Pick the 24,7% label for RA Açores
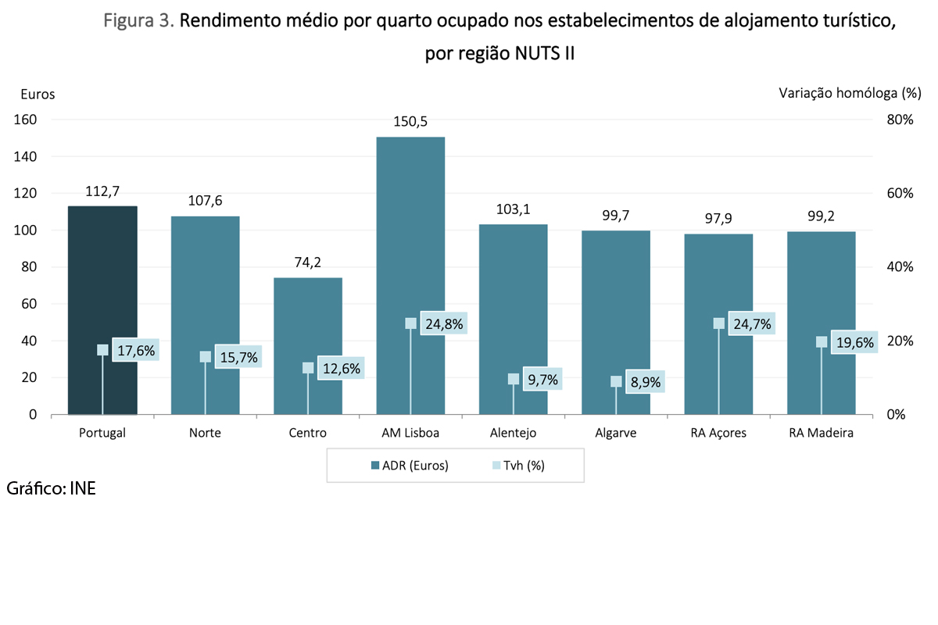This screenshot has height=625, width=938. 751,323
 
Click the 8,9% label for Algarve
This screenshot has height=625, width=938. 646,382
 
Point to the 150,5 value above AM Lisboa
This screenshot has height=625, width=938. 410,122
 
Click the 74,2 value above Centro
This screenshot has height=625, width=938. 308,262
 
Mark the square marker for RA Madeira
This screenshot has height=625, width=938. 821,342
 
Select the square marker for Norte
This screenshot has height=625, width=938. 206,356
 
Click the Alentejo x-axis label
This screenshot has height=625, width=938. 513,433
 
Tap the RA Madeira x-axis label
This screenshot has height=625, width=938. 821,433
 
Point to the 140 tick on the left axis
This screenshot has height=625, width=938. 28,157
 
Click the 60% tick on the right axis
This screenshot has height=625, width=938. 898,194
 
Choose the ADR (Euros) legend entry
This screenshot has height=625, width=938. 410,466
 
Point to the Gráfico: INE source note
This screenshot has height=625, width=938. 51,489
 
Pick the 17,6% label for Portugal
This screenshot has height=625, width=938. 135,351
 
